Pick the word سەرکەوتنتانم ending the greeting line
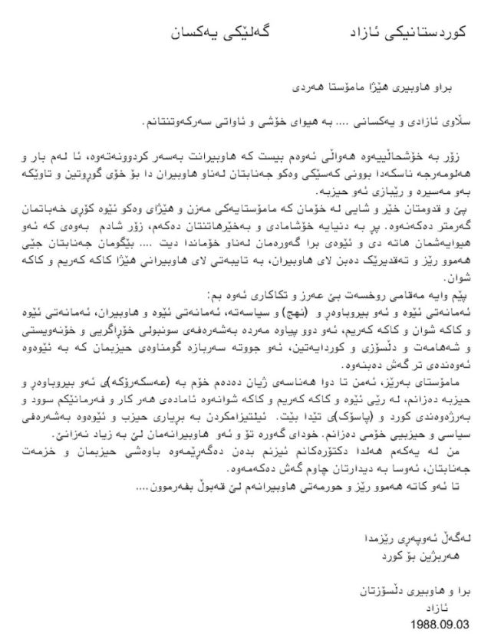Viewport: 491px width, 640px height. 174,122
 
